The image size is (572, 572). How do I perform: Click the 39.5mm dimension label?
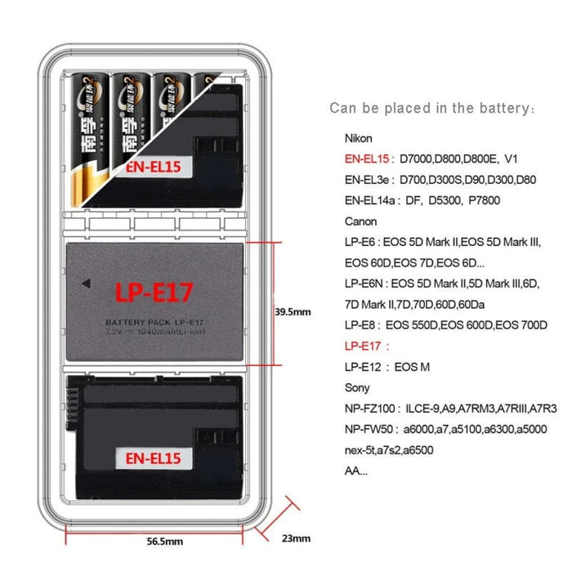click(292, 311)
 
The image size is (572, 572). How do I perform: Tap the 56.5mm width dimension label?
click(164, 541)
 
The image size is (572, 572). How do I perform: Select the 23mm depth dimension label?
click(295, 538)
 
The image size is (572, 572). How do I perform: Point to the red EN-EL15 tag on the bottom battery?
click(153, 458)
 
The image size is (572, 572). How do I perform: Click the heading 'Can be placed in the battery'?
click(432, 108)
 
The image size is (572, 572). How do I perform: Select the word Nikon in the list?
click(359, 139)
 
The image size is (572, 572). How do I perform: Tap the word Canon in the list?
click(360, 221)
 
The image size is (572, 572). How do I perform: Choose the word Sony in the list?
click(357, 387)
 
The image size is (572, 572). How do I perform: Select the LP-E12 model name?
click(363, 367)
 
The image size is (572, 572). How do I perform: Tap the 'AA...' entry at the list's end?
click(356, 471)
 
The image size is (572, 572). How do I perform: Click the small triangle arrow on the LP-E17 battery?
click(85, 284)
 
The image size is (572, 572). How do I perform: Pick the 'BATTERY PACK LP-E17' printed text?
click(154, 323)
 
